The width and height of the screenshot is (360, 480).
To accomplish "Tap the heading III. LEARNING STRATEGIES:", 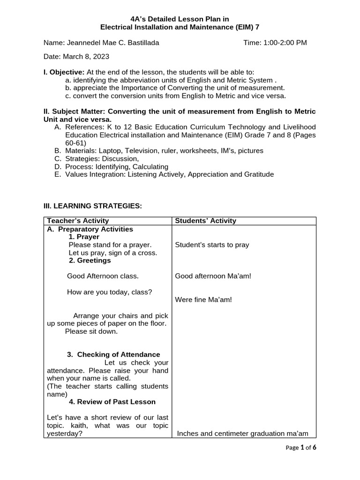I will [92, 206].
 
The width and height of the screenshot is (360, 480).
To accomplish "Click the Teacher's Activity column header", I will [78, 221].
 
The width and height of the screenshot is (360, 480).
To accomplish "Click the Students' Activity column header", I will [206, 221].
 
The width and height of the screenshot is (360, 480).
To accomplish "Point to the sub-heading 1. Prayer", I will [84, 237].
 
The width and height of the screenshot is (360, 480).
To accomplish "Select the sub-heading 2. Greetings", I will [90, 260].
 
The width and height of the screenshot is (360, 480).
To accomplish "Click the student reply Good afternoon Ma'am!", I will [213, 276].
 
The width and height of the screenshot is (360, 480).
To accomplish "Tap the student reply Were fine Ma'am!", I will [203, 300].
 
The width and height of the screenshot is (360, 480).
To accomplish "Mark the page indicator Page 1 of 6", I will [301, 448].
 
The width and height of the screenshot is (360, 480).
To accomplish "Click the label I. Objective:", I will [64, 72].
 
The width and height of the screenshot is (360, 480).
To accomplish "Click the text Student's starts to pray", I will [212, 245].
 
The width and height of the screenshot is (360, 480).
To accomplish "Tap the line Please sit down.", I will [91, 331].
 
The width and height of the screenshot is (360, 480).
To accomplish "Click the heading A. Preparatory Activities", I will [90, 229].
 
